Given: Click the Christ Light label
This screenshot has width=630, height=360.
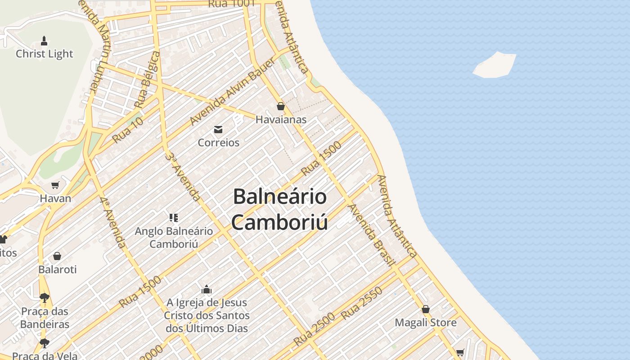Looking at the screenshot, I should coord(44,54).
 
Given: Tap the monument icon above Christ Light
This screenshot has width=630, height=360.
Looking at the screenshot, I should coord(44,41).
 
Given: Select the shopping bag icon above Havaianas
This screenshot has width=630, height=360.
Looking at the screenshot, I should coord(281,106).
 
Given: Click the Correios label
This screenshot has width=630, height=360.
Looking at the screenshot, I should coord(219,142).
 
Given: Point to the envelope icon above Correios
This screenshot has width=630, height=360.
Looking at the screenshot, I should coord(218,130).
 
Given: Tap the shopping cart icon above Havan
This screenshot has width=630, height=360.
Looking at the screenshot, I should coord(55,185).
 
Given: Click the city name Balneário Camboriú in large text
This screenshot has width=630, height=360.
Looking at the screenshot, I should coord(279,209).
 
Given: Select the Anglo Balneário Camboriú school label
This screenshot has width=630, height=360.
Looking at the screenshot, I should coord(174,238).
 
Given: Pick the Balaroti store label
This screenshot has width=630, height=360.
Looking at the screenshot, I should coord(57,269).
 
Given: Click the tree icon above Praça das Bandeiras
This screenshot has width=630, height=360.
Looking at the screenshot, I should coord(44,297).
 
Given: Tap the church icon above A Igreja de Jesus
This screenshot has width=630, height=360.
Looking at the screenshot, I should coord(207,289).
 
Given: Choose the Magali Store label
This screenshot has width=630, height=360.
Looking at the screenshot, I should coord(425,322).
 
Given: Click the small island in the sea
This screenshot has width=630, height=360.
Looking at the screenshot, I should coord(495,65).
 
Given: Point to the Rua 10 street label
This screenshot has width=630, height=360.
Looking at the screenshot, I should coord(127,129).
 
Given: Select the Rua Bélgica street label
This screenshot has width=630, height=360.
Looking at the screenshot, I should coord(147,79).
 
